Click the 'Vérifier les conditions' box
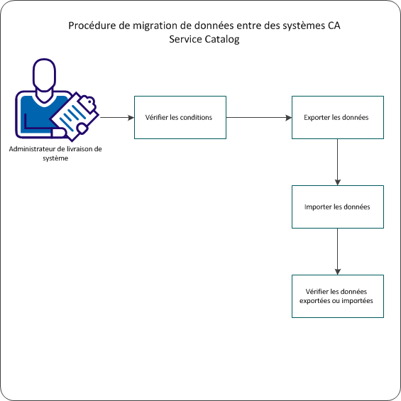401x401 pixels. (180, 117)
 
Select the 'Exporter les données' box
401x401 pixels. (338, 117)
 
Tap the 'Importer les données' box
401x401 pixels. (338, 207)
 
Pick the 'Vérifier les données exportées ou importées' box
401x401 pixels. (338, 296)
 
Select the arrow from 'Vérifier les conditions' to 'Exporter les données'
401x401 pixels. (258, 117)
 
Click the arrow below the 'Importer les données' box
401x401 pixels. (338, 251)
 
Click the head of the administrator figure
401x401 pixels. (45, 75)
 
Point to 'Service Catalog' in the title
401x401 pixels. (204, 40)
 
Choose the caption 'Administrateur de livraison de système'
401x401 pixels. (55, 153)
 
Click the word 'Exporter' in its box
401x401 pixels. (317, 117)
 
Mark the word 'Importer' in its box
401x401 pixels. (317, 207)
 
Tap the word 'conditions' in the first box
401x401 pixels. (196, 117)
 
